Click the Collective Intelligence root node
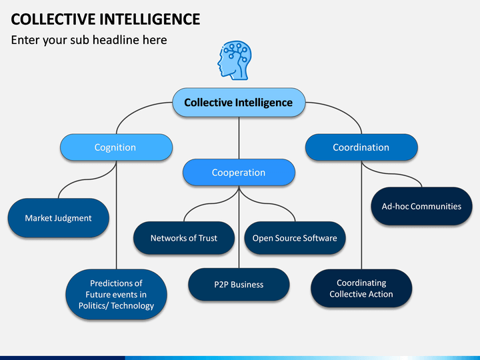point(239,102)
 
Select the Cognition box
point(116,147)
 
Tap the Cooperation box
point(239,173)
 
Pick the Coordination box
point(361,147)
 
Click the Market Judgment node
point(59,218)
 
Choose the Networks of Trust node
point(184,238)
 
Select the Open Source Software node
point(295,238)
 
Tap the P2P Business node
point(239,285)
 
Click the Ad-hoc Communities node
point(421,206)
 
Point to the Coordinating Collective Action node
point(361,289)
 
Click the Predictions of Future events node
point(116,295)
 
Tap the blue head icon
point(235,61)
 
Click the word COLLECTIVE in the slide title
point(53,19)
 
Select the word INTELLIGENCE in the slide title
point(150,19)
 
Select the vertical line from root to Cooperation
point(239,138)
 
